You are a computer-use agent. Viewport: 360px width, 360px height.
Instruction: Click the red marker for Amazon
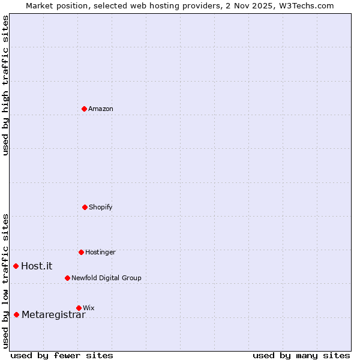(84, 109)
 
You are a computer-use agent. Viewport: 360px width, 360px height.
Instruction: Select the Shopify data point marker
(85, 207)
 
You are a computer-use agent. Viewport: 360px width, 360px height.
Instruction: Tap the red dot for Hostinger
(81, 252)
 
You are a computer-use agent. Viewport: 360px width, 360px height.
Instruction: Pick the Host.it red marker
(16, 266)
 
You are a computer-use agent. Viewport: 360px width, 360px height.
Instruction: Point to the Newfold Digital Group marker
(67, 278)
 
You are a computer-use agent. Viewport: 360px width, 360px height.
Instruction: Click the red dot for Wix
(79, 308)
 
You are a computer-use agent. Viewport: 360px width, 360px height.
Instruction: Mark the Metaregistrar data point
(16, 314)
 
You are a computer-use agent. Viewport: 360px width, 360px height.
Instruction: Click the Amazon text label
(101, 109)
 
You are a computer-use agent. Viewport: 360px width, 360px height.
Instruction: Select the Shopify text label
(101, 207)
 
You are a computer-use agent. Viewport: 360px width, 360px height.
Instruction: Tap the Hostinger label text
(100, 252)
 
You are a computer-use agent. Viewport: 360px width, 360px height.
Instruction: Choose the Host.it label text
(37, 266)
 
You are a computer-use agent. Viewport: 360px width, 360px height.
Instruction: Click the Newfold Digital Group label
(106, 278)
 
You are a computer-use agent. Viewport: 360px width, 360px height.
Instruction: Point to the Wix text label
(89, 308)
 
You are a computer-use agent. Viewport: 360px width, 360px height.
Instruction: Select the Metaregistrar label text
(53, 314)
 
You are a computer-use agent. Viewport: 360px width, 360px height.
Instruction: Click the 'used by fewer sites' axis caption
(62, 355)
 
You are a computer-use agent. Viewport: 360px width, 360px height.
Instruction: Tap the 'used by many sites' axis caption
(301, 355)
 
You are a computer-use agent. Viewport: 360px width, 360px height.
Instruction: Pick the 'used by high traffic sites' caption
(5, 85)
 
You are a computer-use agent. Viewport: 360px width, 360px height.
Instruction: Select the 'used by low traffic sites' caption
(5, 280)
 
